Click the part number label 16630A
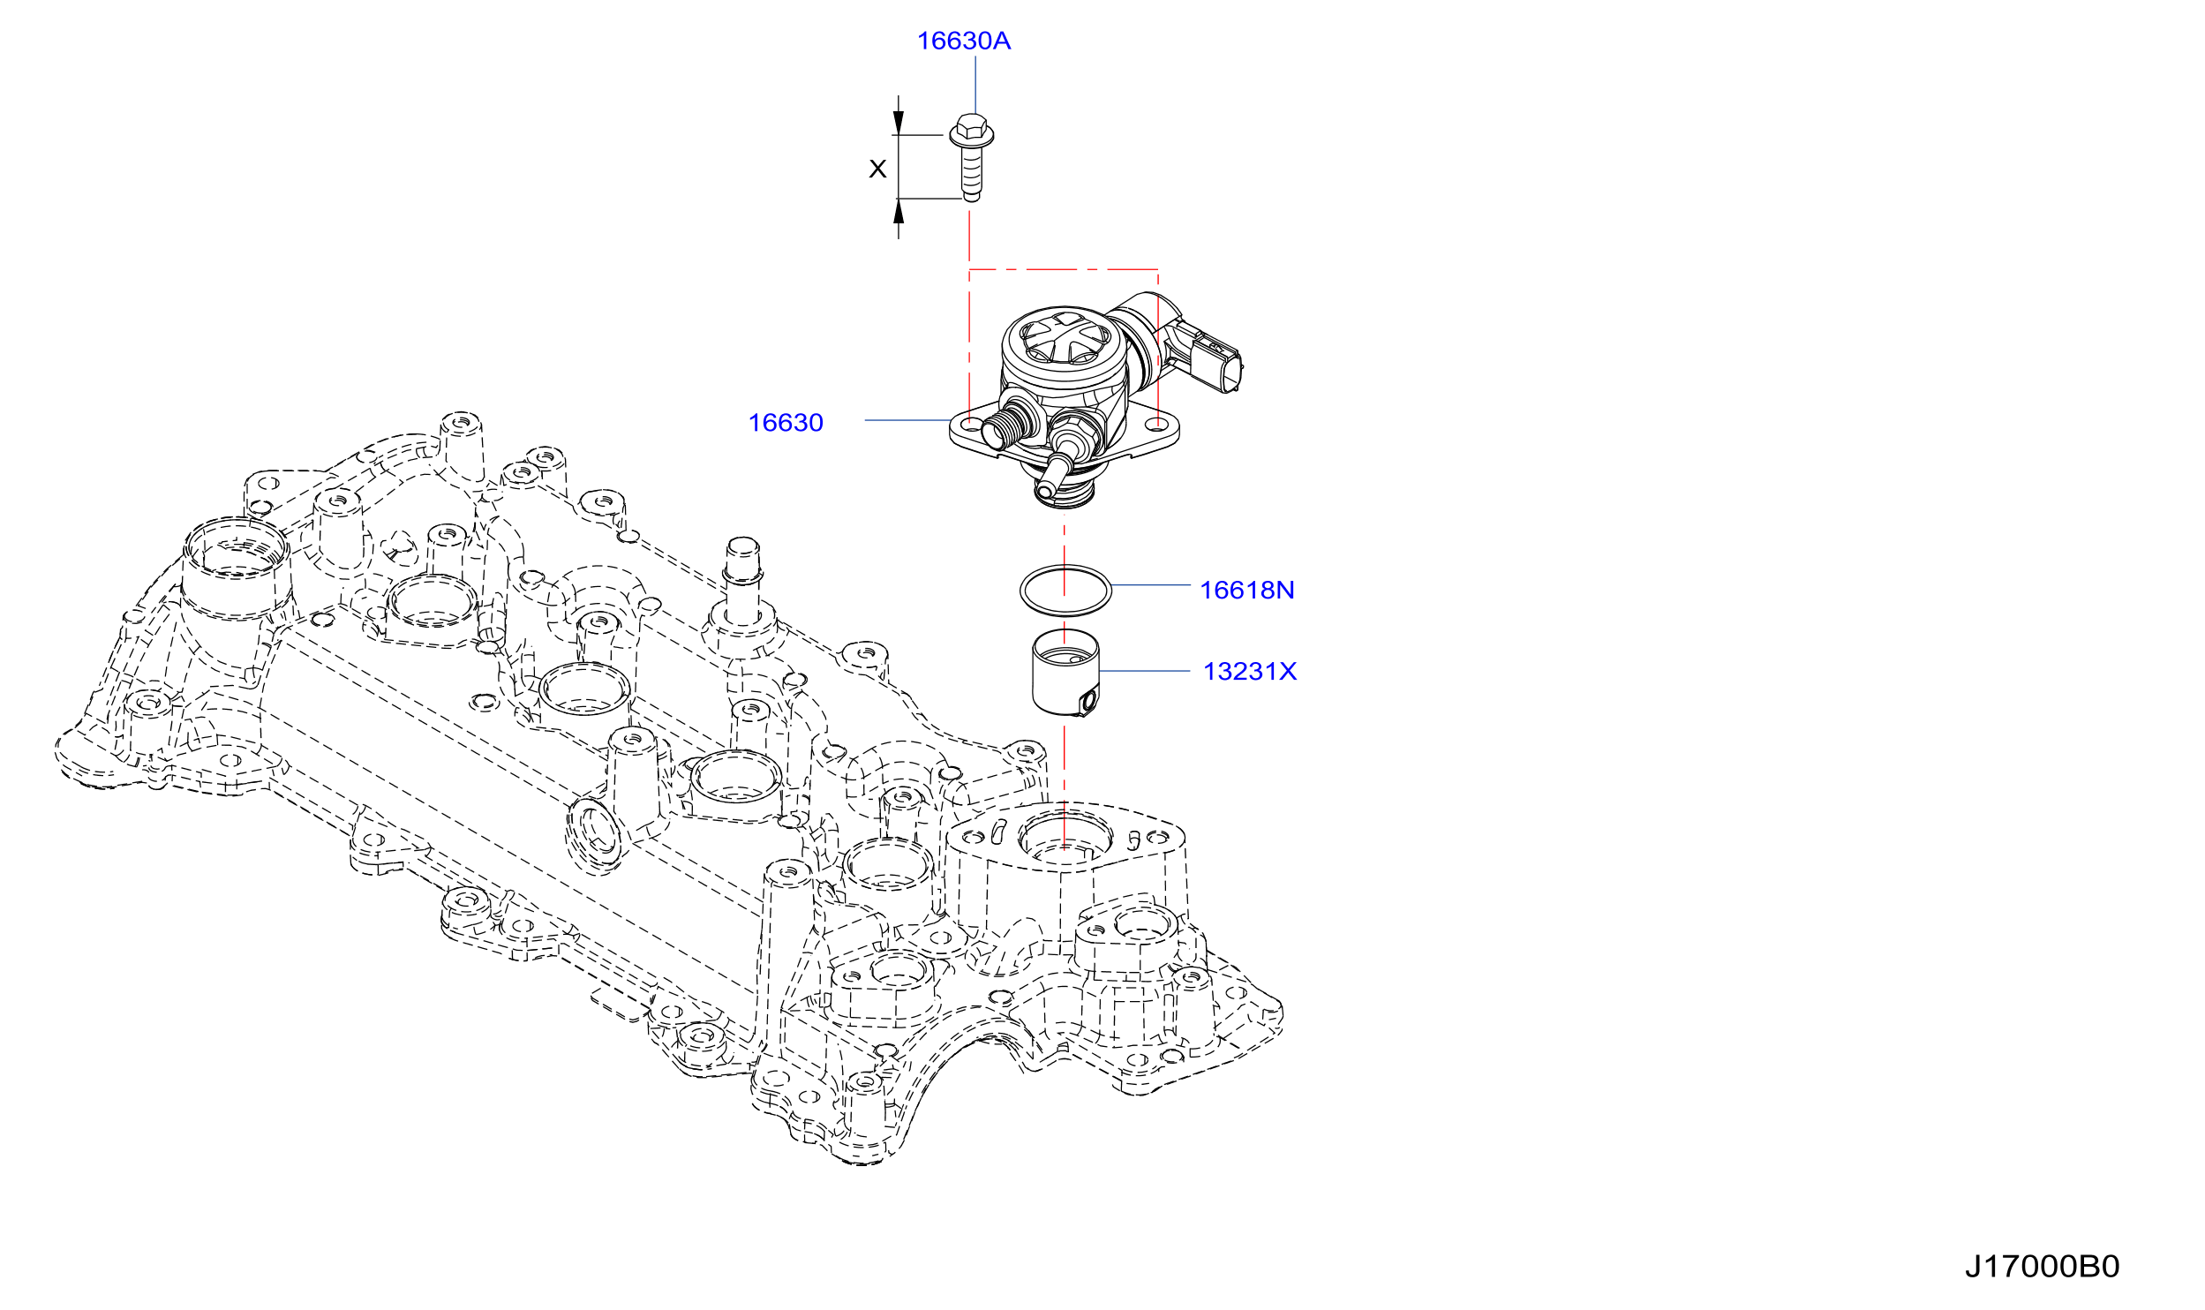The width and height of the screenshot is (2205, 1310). (x=963, y=41)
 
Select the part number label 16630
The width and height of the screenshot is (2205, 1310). (x=786, y=423)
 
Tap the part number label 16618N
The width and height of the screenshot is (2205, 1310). (x=1246, y=590)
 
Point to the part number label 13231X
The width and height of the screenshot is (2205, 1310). (x=1250, y=671)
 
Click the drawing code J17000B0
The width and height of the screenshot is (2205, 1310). (x=2042, y=1266)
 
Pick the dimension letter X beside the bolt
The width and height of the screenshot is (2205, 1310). (x=877, y=169)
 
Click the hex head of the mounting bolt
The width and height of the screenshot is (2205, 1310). (x=971, y=130)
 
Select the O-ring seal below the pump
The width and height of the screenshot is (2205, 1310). (x=1065, y=565)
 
